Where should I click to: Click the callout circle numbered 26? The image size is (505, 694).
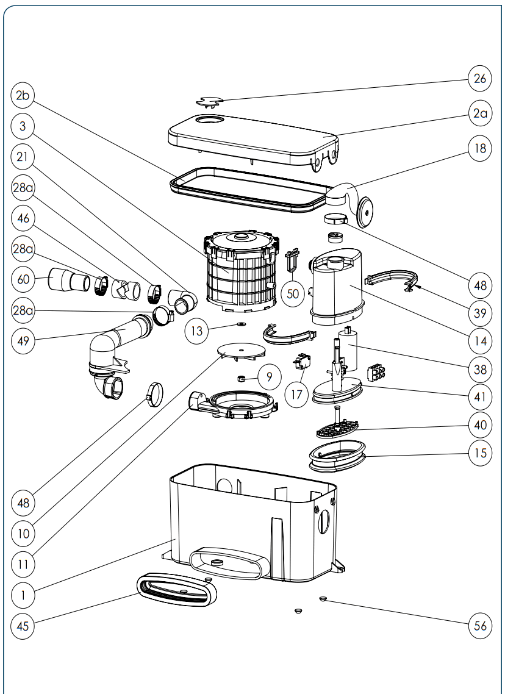480,78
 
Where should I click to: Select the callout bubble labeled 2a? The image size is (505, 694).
480,113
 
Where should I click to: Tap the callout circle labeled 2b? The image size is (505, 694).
23,95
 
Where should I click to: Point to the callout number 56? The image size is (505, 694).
480,626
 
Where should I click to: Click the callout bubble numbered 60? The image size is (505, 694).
23,279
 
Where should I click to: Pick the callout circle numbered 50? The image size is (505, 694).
293,293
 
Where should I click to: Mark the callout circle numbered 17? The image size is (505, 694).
296,394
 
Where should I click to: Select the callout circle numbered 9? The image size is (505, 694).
268,376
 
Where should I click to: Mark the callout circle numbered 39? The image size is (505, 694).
480,313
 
